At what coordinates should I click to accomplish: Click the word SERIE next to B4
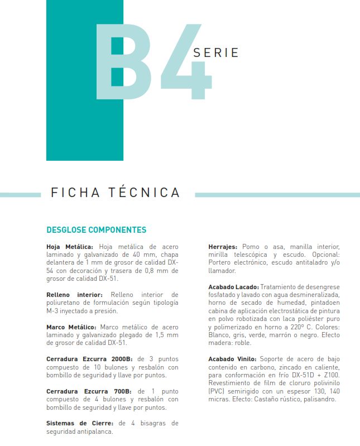click(x=215, y=53)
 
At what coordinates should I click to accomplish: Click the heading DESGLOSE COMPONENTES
click(x=96, y=230)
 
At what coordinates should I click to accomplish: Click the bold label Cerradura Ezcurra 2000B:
click(x=89, y=359)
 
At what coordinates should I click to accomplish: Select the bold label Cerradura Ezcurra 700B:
click(x=88, y=391)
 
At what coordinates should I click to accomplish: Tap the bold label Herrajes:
click(x=223, y=246)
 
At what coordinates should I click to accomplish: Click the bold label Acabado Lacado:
click(x=233, y=286)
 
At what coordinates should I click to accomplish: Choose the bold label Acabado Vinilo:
click(x=232, y=359)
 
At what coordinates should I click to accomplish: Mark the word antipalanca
click(x=90, y=431)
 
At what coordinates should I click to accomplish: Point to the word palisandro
click(x=318, y=399)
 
